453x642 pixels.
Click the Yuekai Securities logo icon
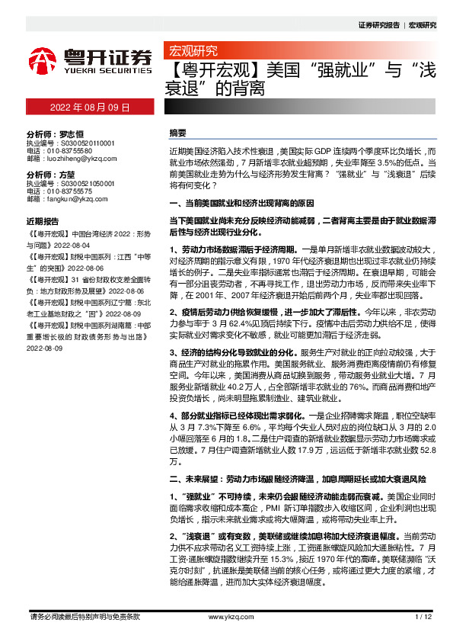pos(44,59)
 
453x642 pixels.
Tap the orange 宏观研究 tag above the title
pos(192,52)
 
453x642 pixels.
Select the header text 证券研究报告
pos(378,24)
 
